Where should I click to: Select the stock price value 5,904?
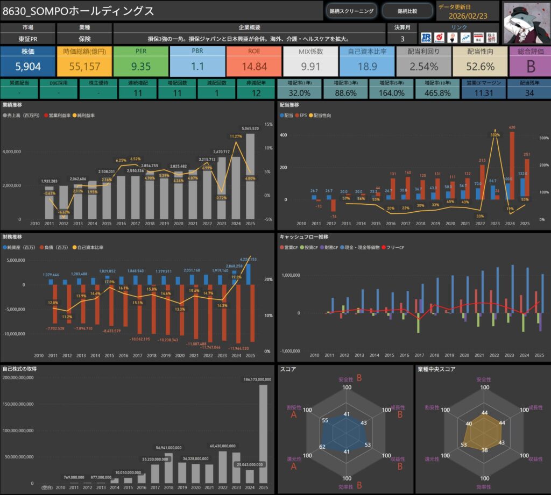click(x=28, y=66)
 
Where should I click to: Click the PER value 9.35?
click(x=140, y=66)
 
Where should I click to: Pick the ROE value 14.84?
click(x=254, y=66)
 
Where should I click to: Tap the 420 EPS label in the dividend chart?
click(x=512, y=127)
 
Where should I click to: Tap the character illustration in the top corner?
click(x=526, y=21)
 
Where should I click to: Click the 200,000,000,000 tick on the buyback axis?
click(x=22, y=377)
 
